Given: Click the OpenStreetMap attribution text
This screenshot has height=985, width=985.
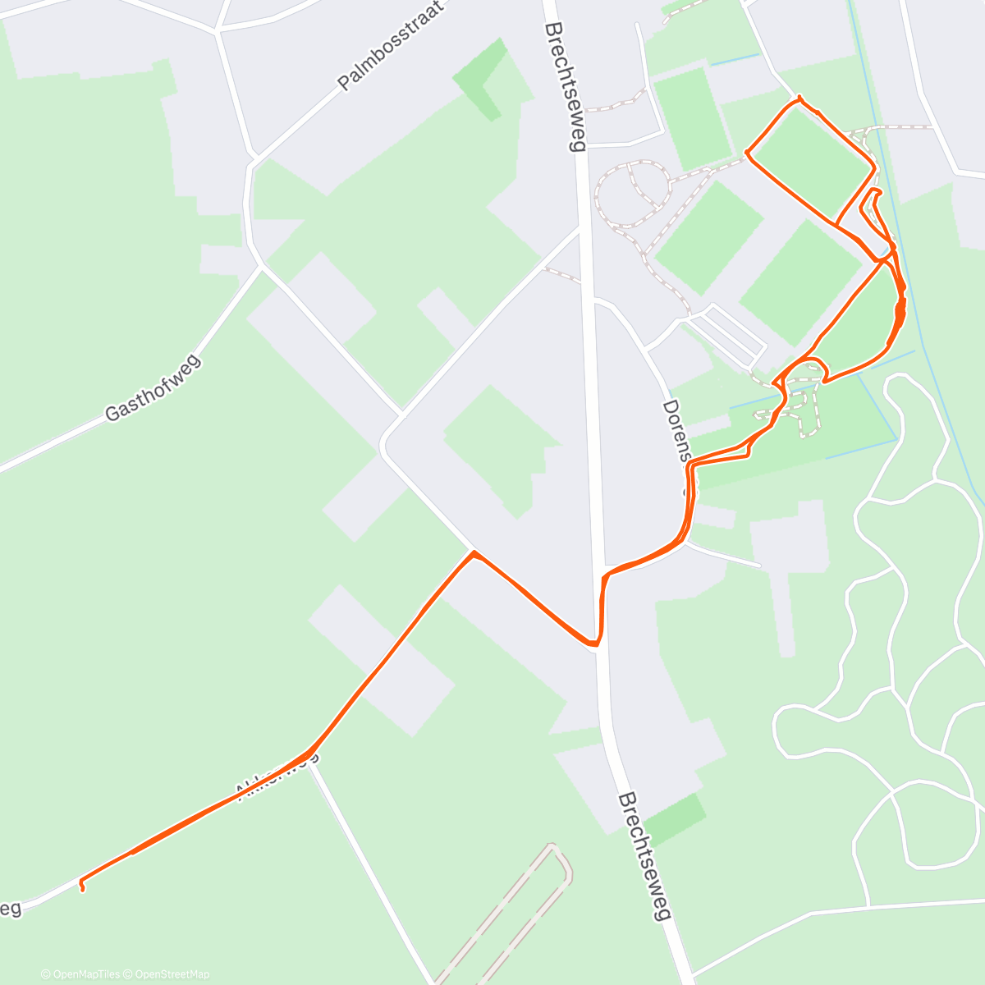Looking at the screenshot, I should pos(168,974).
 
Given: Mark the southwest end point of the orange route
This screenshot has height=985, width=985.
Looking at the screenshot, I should pos(81,886).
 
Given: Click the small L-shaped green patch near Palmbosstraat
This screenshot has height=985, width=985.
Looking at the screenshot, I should pos(484,78).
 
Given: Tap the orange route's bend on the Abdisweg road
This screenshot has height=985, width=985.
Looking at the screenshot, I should pos(309,751).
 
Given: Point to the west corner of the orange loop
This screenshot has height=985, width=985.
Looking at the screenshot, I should pos(747,152).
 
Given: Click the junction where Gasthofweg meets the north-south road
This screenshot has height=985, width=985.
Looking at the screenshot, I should pos(261,264).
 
